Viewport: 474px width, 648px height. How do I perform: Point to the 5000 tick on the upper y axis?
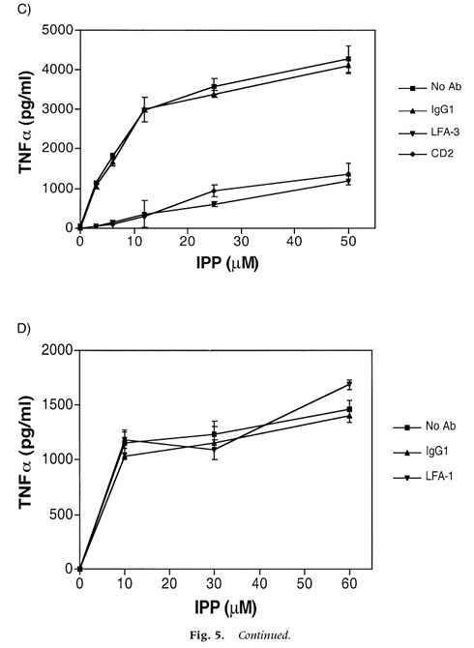[60, 30]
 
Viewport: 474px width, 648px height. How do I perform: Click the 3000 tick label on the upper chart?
[60, 109]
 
